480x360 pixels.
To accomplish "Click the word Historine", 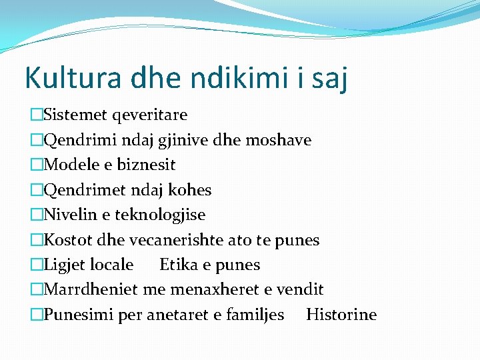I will tap(341, 314).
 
